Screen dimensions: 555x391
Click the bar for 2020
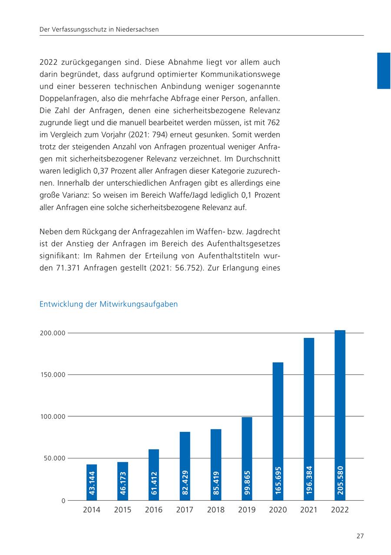[x=278, y=431]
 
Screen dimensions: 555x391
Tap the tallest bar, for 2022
[x=340, y=415]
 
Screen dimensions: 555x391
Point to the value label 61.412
[x=154, y=483]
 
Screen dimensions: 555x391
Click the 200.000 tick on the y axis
[x=53, y=333]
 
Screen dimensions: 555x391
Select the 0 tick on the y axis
[x=63, y=501]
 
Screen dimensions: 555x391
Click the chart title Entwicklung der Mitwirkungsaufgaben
[x=109, y=304]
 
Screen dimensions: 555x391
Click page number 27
[x=360, y=536]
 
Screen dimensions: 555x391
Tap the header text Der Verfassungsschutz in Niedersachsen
[x=99, y=30]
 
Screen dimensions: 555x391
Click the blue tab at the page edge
[x=384, y=70]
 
